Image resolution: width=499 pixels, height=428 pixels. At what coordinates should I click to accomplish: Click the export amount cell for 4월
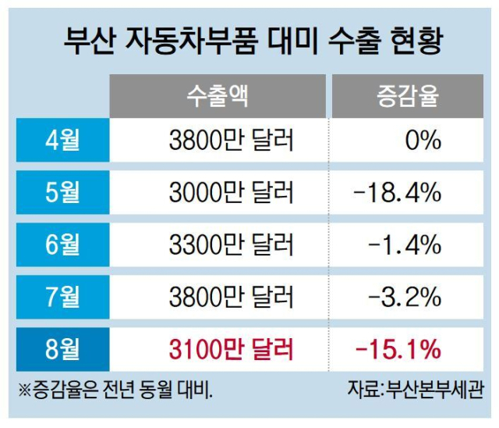pos(231,141)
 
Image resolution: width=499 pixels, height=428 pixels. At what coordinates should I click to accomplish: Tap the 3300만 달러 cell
pos(231,245)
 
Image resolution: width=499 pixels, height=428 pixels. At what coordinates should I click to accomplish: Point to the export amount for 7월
pos(231,297)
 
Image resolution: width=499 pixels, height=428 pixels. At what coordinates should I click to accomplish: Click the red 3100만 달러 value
pos(231,348)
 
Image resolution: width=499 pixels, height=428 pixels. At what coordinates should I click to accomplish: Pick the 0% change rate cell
pos(423,141)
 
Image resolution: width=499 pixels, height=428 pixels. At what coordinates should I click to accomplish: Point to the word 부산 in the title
pos(92,41)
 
